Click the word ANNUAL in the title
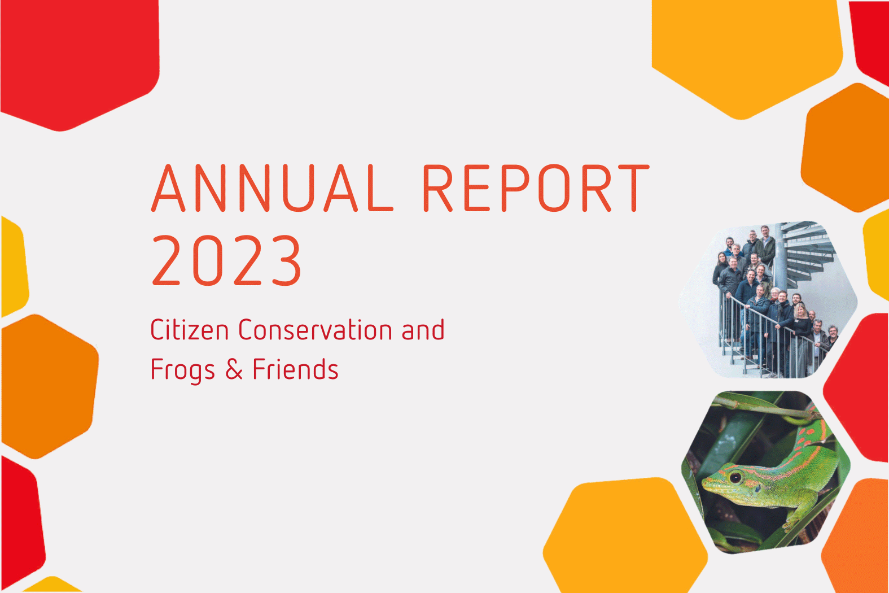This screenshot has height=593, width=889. point(272,188)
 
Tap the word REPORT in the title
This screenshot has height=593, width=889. point(536,188)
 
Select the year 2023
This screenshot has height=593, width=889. point(226,260)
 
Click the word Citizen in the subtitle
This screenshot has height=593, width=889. point(190,330)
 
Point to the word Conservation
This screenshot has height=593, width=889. point(315,330)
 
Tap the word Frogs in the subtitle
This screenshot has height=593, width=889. point(183,370)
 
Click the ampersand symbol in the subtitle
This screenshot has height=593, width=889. point(234,369)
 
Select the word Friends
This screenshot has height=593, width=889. point(295,369)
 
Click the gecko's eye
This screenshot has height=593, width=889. point(735,477)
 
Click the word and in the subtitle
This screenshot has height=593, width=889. point(423,330)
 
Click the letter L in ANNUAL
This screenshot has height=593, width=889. point(380,188)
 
